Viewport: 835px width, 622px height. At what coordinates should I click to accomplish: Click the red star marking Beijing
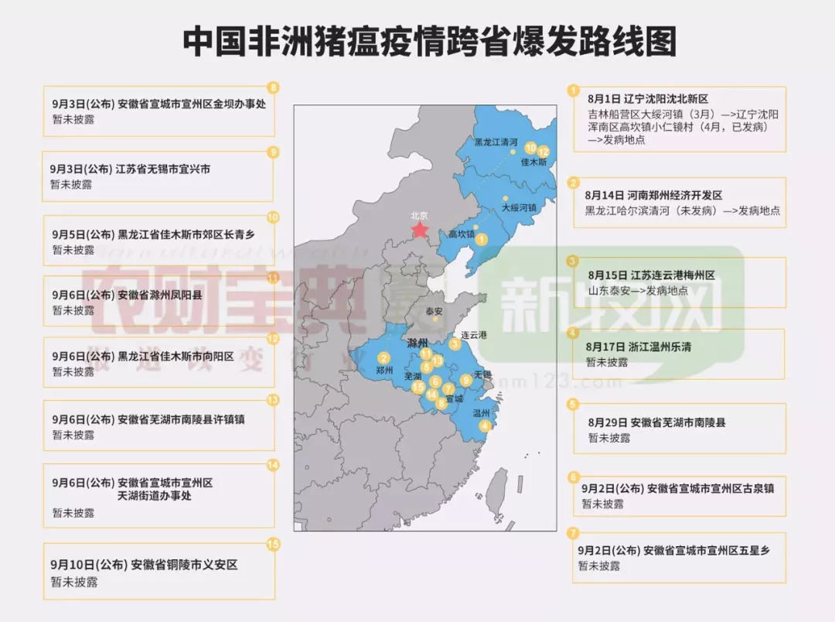(x=420, y=230)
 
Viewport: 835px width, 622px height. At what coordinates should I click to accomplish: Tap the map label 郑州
(x=384, y=371)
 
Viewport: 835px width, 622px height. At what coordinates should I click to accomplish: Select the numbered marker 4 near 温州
(x=485, y=425)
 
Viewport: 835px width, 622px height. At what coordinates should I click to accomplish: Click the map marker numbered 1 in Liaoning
(x=482, y=240)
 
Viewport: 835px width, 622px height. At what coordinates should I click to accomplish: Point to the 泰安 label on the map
(x=434, y=311)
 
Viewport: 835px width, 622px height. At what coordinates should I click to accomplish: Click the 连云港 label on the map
(x=474, y=335)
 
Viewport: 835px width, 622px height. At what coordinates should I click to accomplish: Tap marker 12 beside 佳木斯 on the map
(x=544, y=151)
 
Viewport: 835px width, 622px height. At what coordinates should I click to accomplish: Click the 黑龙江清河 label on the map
(x=496, y=142)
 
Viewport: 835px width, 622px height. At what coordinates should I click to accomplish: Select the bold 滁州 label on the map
(x=417, y=341)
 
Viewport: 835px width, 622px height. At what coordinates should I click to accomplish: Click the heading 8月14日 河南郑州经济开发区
(x=653, y=196)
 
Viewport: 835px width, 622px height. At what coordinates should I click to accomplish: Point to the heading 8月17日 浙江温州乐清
(x=639, y=347)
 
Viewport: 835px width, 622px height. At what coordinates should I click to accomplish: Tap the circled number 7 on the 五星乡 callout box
(x=573, y=533)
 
